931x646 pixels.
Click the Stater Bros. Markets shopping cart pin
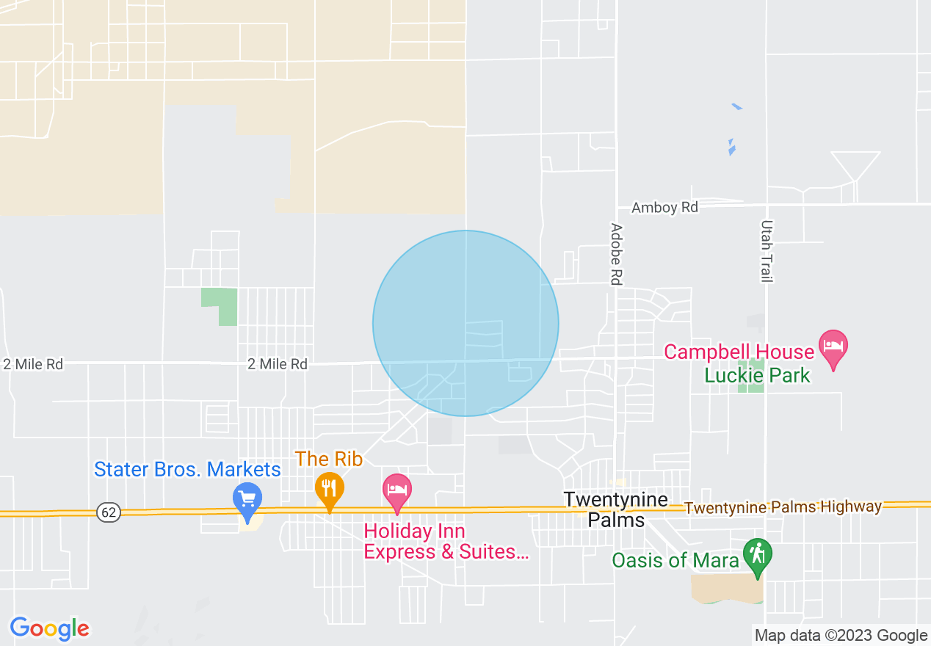(247, 497)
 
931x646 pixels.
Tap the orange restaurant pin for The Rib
(330, 487)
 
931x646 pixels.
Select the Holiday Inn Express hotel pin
(396, 490)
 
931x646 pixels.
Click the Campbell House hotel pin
(833, 346)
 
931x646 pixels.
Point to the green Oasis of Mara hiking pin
(758, 556)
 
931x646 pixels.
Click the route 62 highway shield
(109, 512)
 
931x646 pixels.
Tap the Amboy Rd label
(664, 208)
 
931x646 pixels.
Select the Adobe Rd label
(615, 254)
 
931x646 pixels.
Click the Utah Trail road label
(767, 251)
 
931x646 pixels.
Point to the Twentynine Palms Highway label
(782, 507)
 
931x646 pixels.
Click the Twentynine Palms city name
(616, 510)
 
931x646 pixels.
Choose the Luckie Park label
(757, 375)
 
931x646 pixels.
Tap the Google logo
(50, 628)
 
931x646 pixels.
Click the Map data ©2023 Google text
(841, 635)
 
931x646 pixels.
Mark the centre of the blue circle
(465, 324)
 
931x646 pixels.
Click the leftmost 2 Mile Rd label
(33, 364)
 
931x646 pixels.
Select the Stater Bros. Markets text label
(187, 469)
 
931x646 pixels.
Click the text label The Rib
(329, 460)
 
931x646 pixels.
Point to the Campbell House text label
(739, 352)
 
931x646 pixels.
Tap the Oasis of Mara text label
(675, 561)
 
